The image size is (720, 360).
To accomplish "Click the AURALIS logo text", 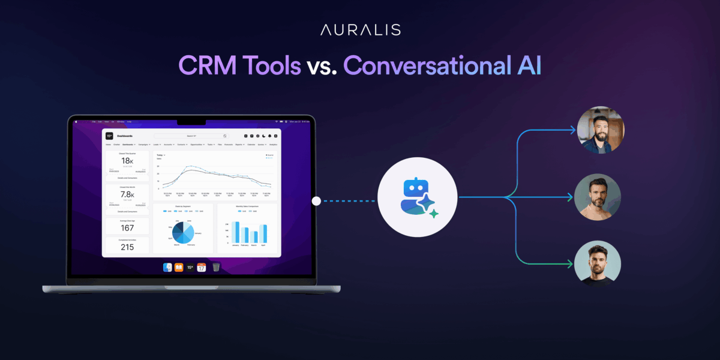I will point(360,29).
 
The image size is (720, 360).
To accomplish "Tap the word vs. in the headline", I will point(322,66).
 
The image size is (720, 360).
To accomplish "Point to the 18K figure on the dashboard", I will point(127,160).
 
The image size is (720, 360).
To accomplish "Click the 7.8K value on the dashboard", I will point(127,194).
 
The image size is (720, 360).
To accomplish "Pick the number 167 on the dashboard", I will point(127,228).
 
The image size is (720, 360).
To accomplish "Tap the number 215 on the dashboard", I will point(127,247).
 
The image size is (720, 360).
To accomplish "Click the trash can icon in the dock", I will point(216,267).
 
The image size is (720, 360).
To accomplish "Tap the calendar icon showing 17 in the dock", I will point(202,267).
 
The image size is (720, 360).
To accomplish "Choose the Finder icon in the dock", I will point(168,267).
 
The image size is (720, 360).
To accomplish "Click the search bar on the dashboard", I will point(190,136).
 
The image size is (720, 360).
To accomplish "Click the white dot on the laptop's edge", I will point(316,201).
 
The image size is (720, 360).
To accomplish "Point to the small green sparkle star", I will point(434,214).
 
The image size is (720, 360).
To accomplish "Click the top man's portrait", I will point(600,130).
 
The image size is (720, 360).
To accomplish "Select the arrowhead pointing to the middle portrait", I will point(572,196).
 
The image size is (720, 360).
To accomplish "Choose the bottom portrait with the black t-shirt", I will point(597,263).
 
